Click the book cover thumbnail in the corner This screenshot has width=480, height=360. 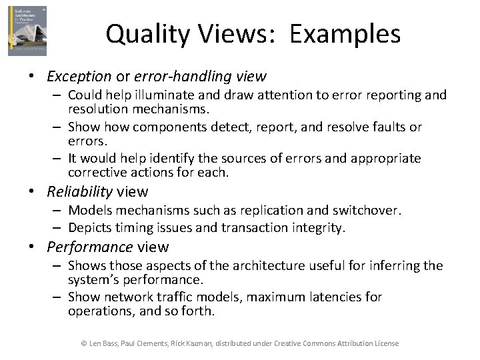tap(27, 31)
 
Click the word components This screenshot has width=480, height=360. tap(164, 127)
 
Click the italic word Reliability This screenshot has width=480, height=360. tap(79, 192)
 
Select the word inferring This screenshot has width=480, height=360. tap(385, 266)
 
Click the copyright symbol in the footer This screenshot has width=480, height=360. tap(84, 343)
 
